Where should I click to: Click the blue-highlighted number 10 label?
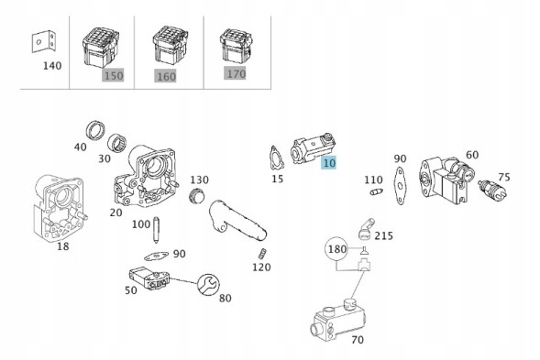329,162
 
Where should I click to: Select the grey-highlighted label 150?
113,75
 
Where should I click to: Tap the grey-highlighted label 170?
236,73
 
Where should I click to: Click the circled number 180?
336,249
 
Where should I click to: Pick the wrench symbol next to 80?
209,285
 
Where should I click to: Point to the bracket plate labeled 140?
44,42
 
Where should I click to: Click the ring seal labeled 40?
94,131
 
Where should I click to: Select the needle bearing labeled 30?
116,143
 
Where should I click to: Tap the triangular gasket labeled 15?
277,158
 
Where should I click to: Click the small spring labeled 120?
262,254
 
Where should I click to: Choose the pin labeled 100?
156,230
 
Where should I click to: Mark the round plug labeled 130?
197,195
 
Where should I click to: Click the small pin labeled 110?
376,191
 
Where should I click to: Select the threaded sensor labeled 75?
492,190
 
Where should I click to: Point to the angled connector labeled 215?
366,229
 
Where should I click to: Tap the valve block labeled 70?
339,320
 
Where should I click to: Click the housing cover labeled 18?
60,210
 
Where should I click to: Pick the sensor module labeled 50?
149,279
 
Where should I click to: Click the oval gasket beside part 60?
400,186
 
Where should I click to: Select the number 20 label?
116,213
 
